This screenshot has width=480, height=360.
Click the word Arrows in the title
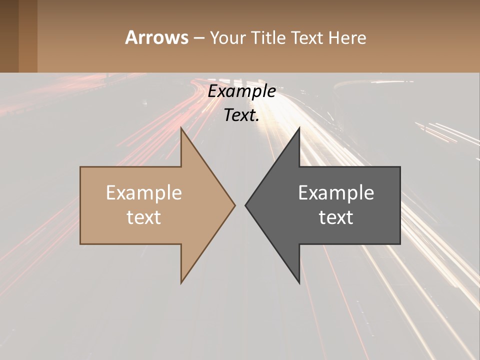[x=156, y=37]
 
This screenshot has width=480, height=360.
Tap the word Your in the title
[x=228, y=37]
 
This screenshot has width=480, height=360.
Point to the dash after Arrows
[x=198, y=38]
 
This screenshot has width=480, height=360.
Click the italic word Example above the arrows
[x=241, y=91]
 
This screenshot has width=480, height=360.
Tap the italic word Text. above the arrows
[x=240, y=115]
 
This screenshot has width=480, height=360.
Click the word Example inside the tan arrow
[x=144, y=192]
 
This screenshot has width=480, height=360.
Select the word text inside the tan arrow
[x=144, y=217]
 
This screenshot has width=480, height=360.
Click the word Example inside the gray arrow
[x=336, y=192]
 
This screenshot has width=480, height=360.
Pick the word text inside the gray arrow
[x=336, y=217]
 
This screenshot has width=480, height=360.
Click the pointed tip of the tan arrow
[x=234, y=205]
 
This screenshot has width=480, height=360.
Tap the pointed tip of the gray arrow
[x=246, y=205]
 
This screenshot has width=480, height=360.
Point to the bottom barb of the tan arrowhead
[x=182, y=281]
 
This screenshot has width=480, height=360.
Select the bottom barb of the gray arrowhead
[x=298, y=281]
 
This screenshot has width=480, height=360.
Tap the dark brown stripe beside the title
[x=9, y=36]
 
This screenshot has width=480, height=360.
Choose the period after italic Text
[x=257, y=120]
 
